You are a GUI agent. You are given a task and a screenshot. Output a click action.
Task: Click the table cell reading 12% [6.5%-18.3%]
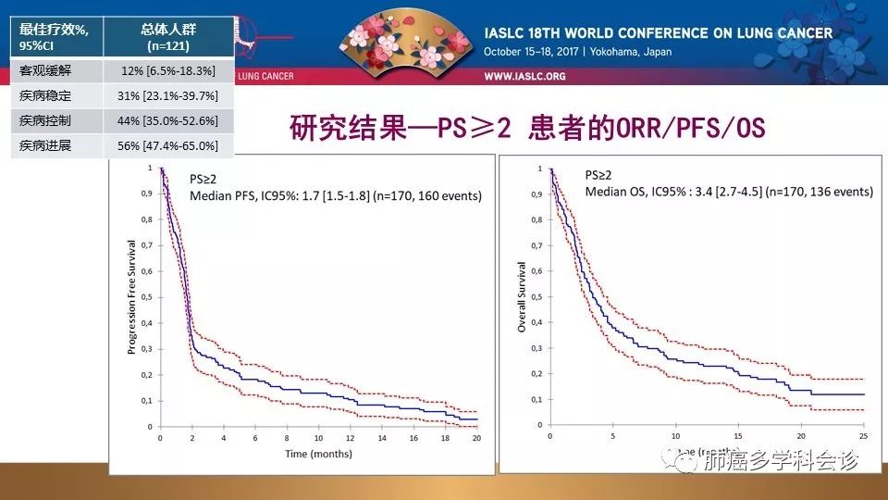click(x=168, y=70)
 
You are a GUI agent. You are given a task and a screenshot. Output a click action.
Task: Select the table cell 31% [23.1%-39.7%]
click(x=168, y=95)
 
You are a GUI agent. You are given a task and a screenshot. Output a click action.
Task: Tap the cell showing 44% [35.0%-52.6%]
click(x=168, y=121)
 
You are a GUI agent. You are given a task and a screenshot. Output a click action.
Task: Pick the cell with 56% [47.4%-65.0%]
click(x=168, y=146)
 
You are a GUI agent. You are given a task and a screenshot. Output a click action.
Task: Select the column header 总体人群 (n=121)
click(x=168, y=36)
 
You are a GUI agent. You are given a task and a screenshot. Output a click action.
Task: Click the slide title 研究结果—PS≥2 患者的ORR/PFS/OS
click(x=527, y=127)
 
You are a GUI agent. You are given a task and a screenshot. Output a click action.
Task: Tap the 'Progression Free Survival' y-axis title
click(x=131, y=296)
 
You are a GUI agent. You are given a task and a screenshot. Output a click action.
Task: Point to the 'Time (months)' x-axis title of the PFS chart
click(x=318, y=454)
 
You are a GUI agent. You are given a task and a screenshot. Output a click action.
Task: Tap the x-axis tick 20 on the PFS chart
click(x=476, y=438)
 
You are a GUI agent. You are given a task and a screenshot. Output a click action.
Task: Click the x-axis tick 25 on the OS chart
click(x=863, y=436)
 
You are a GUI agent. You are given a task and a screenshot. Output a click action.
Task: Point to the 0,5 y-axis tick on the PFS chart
click(x=148, y=298)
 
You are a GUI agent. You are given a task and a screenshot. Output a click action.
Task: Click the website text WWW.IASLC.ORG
click(x=524, y=76)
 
